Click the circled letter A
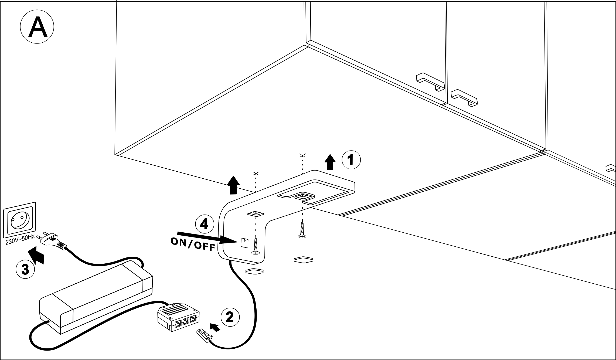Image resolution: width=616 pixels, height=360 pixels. (37, 27)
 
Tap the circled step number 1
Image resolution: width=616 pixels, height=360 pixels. (351, 160)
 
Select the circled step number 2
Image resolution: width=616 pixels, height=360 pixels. (230, 317)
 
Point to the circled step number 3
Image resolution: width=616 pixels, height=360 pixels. (25, 269)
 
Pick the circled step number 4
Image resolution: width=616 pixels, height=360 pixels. (205, 224)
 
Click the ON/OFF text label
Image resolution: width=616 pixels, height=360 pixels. (193, 244)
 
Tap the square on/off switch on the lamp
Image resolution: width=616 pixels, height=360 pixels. (244, 243)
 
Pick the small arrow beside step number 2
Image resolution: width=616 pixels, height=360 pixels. (215, 327)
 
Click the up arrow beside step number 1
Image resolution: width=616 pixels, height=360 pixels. (330, 162)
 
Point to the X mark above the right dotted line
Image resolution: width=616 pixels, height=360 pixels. (302, 155)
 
